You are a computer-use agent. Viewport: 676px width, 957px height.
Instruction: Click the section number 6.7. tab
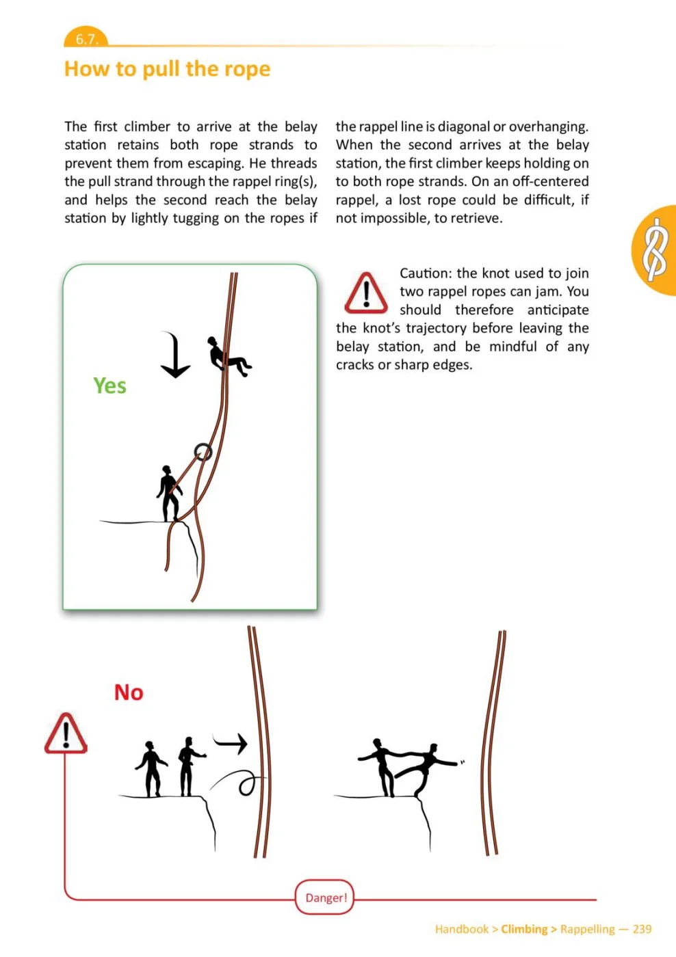point(86,38)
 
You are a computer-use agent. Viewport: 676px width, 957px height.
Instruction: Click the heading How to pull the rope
point(167,69)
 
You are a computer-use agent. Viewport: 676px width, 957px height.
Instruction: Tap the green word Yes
point(110,386)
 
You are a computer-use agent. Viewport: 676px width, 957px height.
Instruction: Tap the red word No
point(129,692)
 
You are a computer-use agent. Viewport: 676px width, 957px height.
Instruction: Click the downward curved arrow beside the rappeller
point(176,354)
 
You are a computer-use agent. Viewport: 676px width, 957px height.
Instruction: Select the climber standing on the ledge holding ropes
point(169,494)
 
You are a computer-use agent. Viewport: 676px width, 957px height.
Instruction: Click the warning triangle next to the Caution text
point(366,293)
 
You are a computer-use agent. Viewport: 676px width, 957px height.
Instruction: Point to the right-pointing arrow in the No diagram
point(230,744)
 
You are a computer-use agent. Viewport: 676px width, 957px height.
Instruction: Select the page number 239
point(642,929)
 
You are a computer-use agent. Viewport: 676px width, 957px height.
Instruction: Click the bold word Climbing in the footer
point(524,929)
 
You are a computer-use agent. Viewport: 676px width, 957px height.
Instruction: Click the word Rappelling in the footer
point(588,929)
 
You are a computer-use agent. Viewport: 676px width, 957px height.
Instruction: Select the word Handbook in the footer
point(462,929)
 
